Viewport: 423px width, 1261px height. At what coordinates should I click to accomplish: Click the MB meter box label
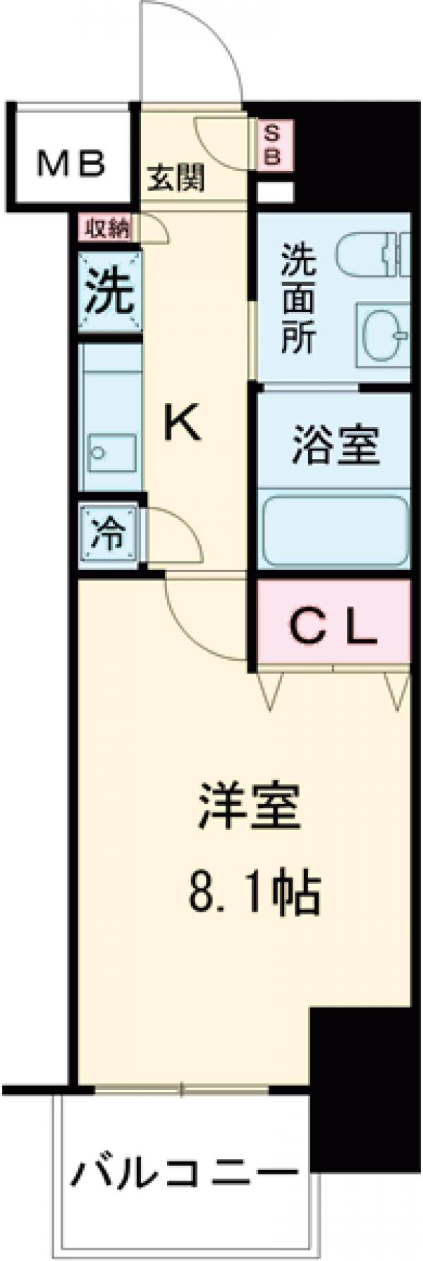pos(71,164)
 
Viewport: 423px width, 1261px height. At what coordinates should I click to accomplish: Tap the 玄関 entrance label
pos(176,179)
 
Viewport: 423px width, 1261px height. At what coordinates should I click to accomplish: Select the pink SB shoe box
pos(273,144)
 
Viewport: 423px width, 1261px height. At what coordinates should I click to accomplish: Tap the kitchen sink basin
pos(113,450)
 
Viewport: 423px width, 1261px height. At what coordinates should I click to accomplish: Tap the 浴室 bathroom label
pos(336,446)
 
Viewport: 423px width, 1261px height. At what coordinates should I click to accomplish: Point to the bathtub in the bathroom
pos(335,530)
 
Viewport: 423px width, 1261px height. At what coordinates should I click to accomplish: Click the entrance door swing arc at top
pos(194,49)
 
